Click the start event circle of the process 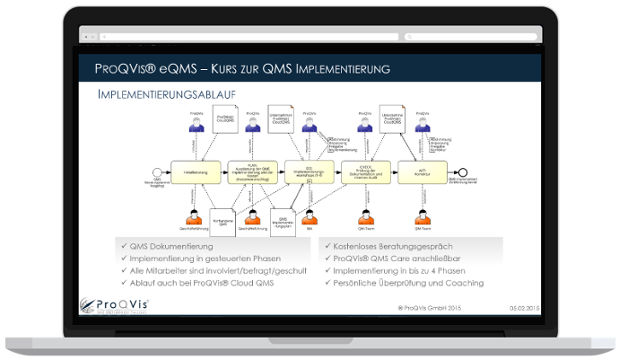click(x=158, y=172)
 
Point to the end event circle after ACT click(x=463, y=172)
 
